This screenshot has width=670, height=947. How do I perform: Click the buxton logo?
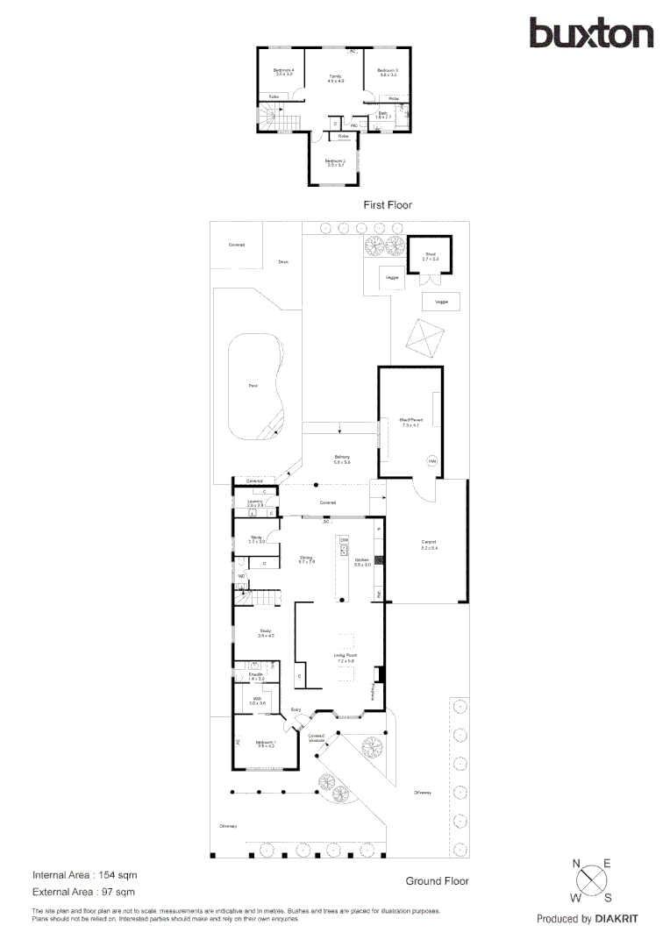pyautogui.click(x=591, y=33)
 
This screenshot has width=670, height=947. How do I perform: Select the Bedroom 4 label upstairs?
pyautogui.click(x=282, y=70)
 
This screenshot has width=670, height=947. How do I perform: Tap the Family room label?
pyautogui.click(x=335, y=77)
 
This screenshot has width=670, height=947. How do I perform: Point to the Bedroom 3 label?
pyautogui.click(x=388, y=70)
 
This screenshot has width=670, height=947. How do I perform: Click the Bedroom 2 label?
pyautogui.click(x=335, y=161)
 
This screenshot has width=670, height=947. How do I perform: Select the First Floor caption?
pyautogui.click(x=388, y=204)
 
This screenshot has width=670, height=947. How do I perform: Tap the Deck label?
pyautogui.click(x=283, y=261)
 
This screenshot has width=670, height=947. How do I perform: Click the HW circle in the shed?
pyautogui.click(x=431, y=460)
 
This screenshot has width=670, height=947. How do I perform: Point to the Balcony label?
pyautogui.click(x=342, y=458)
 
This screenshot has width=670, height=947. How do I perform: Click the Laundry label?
pyautogui.click(x=254, y=502)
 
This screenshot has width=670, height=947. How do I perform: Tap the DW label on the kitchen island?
pyautogui.click(x=344, y=539)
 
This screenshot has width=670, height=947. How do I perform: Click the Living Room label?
pyautogui.click(x=345, y=655)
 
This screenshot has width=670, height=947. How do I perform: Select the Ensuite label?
pyautogui.click(x=256, y=674)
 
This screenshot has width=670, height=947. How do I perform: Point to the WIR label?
pyautogui.click(x=256, y=701)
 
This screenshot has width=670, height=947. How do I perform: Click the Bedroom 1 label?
pyautogui.click(x=265, y=744)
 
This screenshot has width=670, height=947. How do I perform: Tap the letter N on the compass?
pyautogui.click(x=577, y=865)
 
